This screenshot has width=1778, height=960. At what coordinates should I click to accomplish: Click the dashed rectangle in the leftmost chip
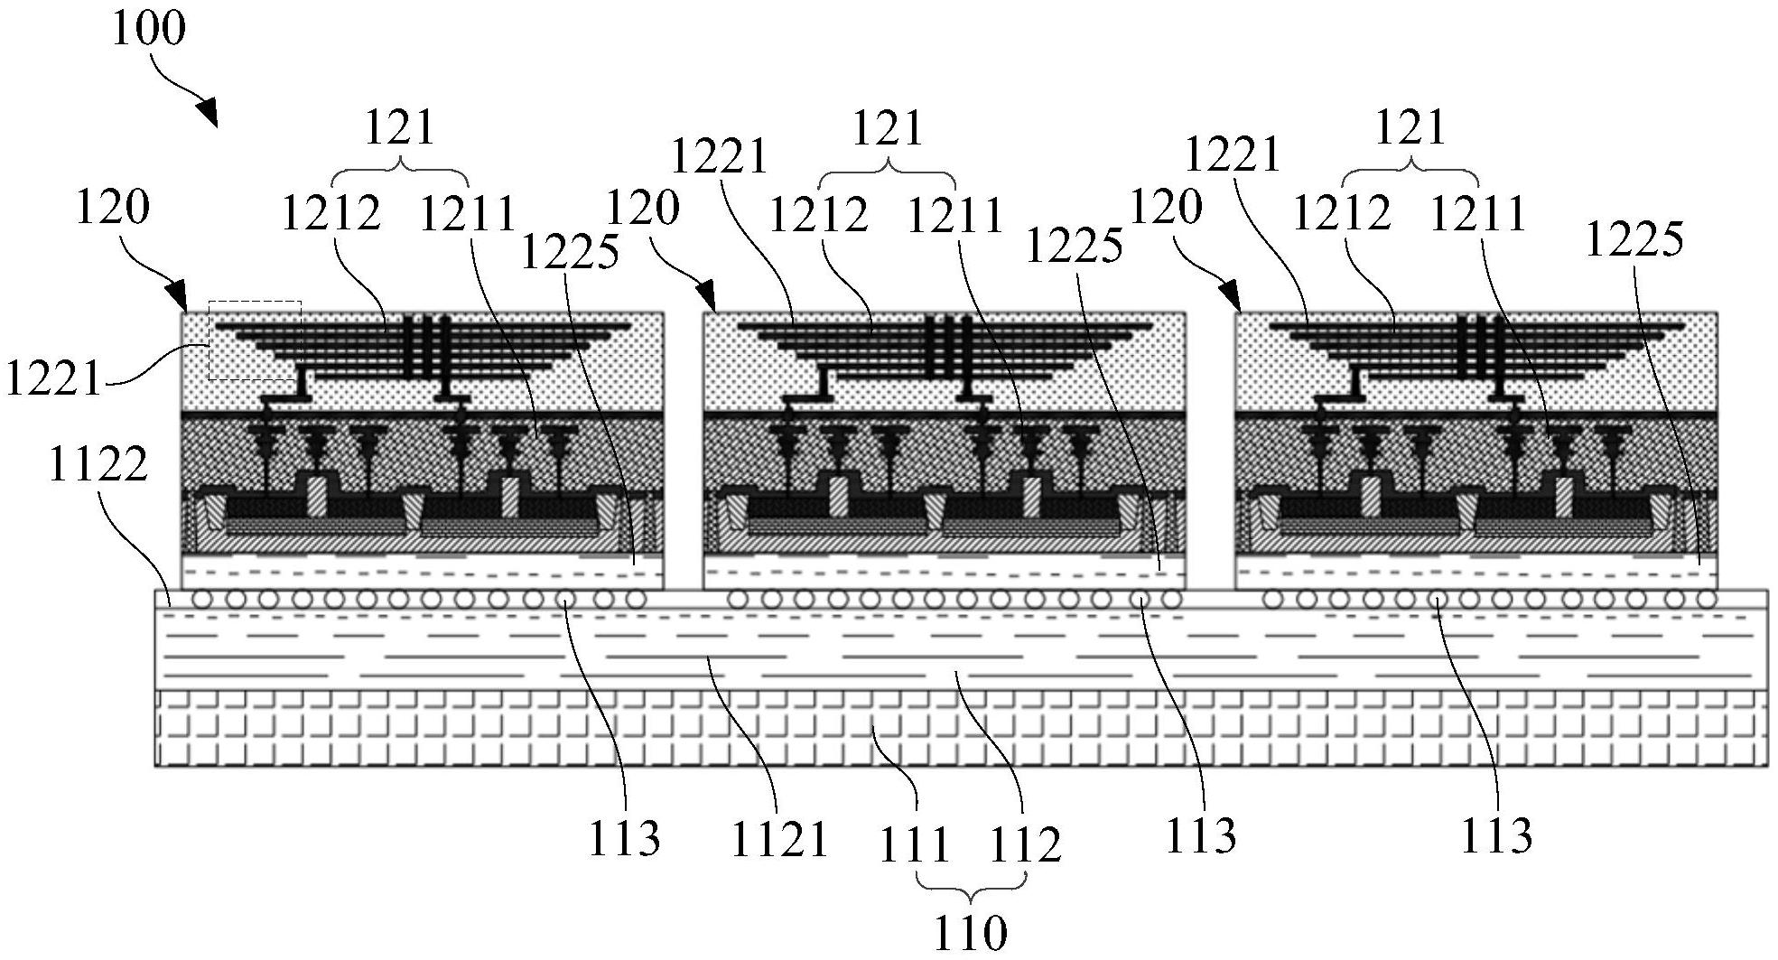255,340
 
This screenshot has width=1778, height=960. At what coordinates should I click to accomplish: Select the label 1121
779,839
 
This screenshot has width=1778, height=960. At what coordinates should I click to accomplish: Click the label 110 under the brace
969,933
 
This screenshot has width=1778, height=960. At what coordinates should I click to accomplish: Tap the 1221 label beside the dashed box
54,377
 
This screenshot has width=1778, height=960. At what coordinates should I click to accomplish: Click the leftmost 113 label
624,837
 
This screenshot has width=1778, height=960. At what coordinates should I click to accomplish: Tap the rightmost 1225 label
1634,239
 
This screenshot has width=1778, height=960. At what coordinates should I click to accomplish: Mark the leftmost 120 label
112,207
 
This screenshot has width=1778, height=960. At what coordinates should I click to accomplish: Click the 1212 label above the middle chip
818,215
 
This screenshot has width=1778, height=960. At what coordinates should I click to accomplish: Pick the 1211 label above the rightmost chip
1477,214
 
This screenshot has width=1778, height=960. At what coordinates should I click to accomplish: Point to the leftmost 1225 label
570,251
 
